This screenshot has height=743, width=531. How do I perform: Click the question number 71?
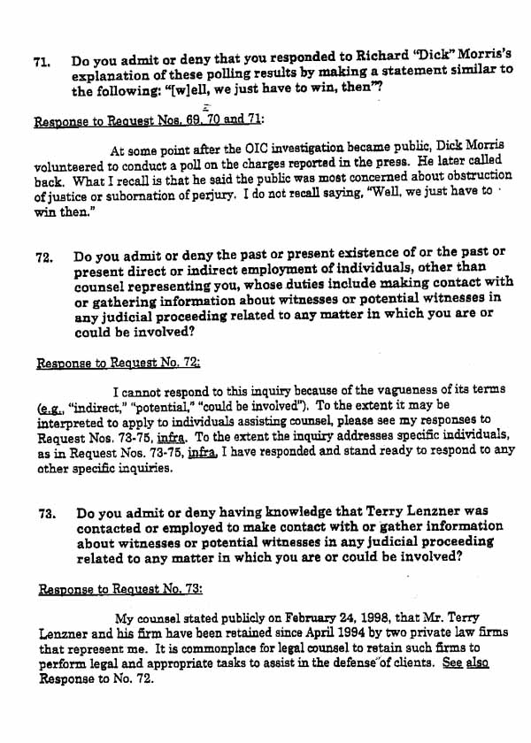(41, 63)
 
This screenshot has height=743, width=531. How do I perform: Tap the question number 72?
(43, 258)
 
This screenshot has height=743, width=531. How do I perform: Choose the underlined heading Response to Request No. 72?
(118, 363)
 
